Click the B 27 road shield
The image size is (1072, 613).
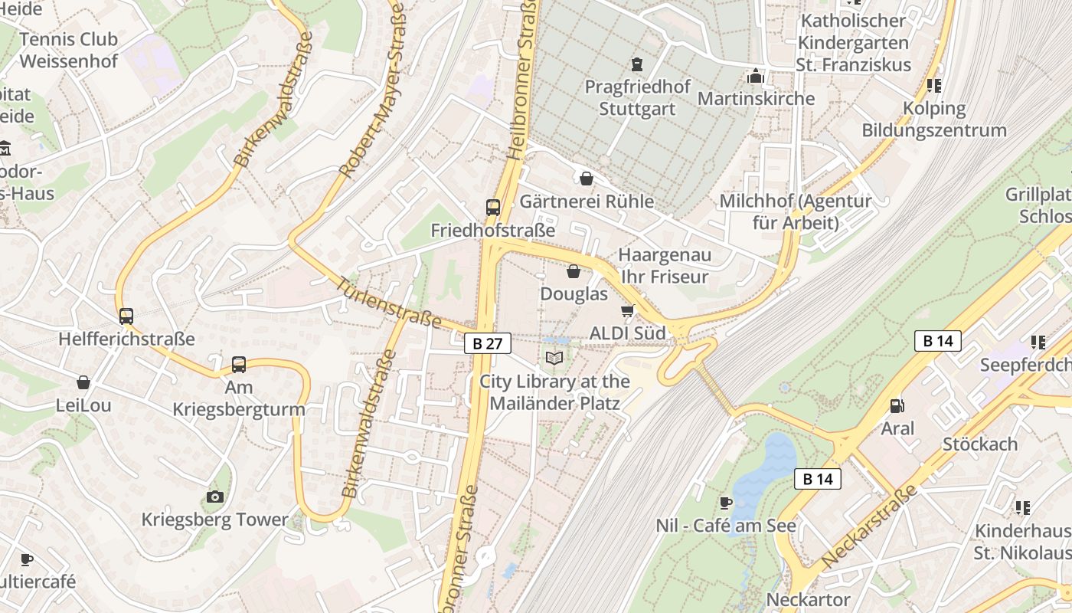click(x=488, y=344)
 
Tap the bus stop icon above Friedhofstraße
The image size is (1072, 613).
click(x=493, y=207)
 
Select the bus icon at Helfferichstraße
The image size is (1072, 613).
click(x=126, y=316)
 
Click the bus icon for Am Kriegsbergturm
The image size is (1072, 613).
click(x=239, y=365)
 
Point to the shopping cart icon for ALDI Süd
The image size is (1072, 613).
click(x=628, y=310)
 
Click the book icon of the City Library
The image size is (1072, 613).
click(x=554, y=358)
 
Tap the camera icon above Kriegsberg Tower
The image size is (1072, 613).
click(x=215, y=497)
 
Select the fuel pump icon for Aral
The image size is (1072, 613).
click(x=897, y=405)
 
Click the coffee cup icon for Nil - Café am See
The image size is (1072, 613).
click(x=725, y=503)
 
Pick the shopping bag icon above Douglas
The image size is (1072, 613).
click(x=573, y=271)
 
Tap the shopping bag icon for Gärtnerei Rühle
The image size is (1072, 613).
click(x=587, y=179)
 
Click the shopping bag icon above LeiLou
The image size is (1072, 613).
click(x=83, y=382)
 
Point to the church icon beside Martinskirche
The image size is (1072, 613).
click(x=756, y=76)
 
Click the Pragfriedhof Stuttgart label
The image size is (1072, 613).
click(x=637, y=97)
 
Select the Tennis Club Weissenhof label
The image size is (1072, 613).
click(x=69, y=50)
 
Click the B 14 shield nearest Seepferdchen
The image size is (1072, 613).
click(x=938, y=341)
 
